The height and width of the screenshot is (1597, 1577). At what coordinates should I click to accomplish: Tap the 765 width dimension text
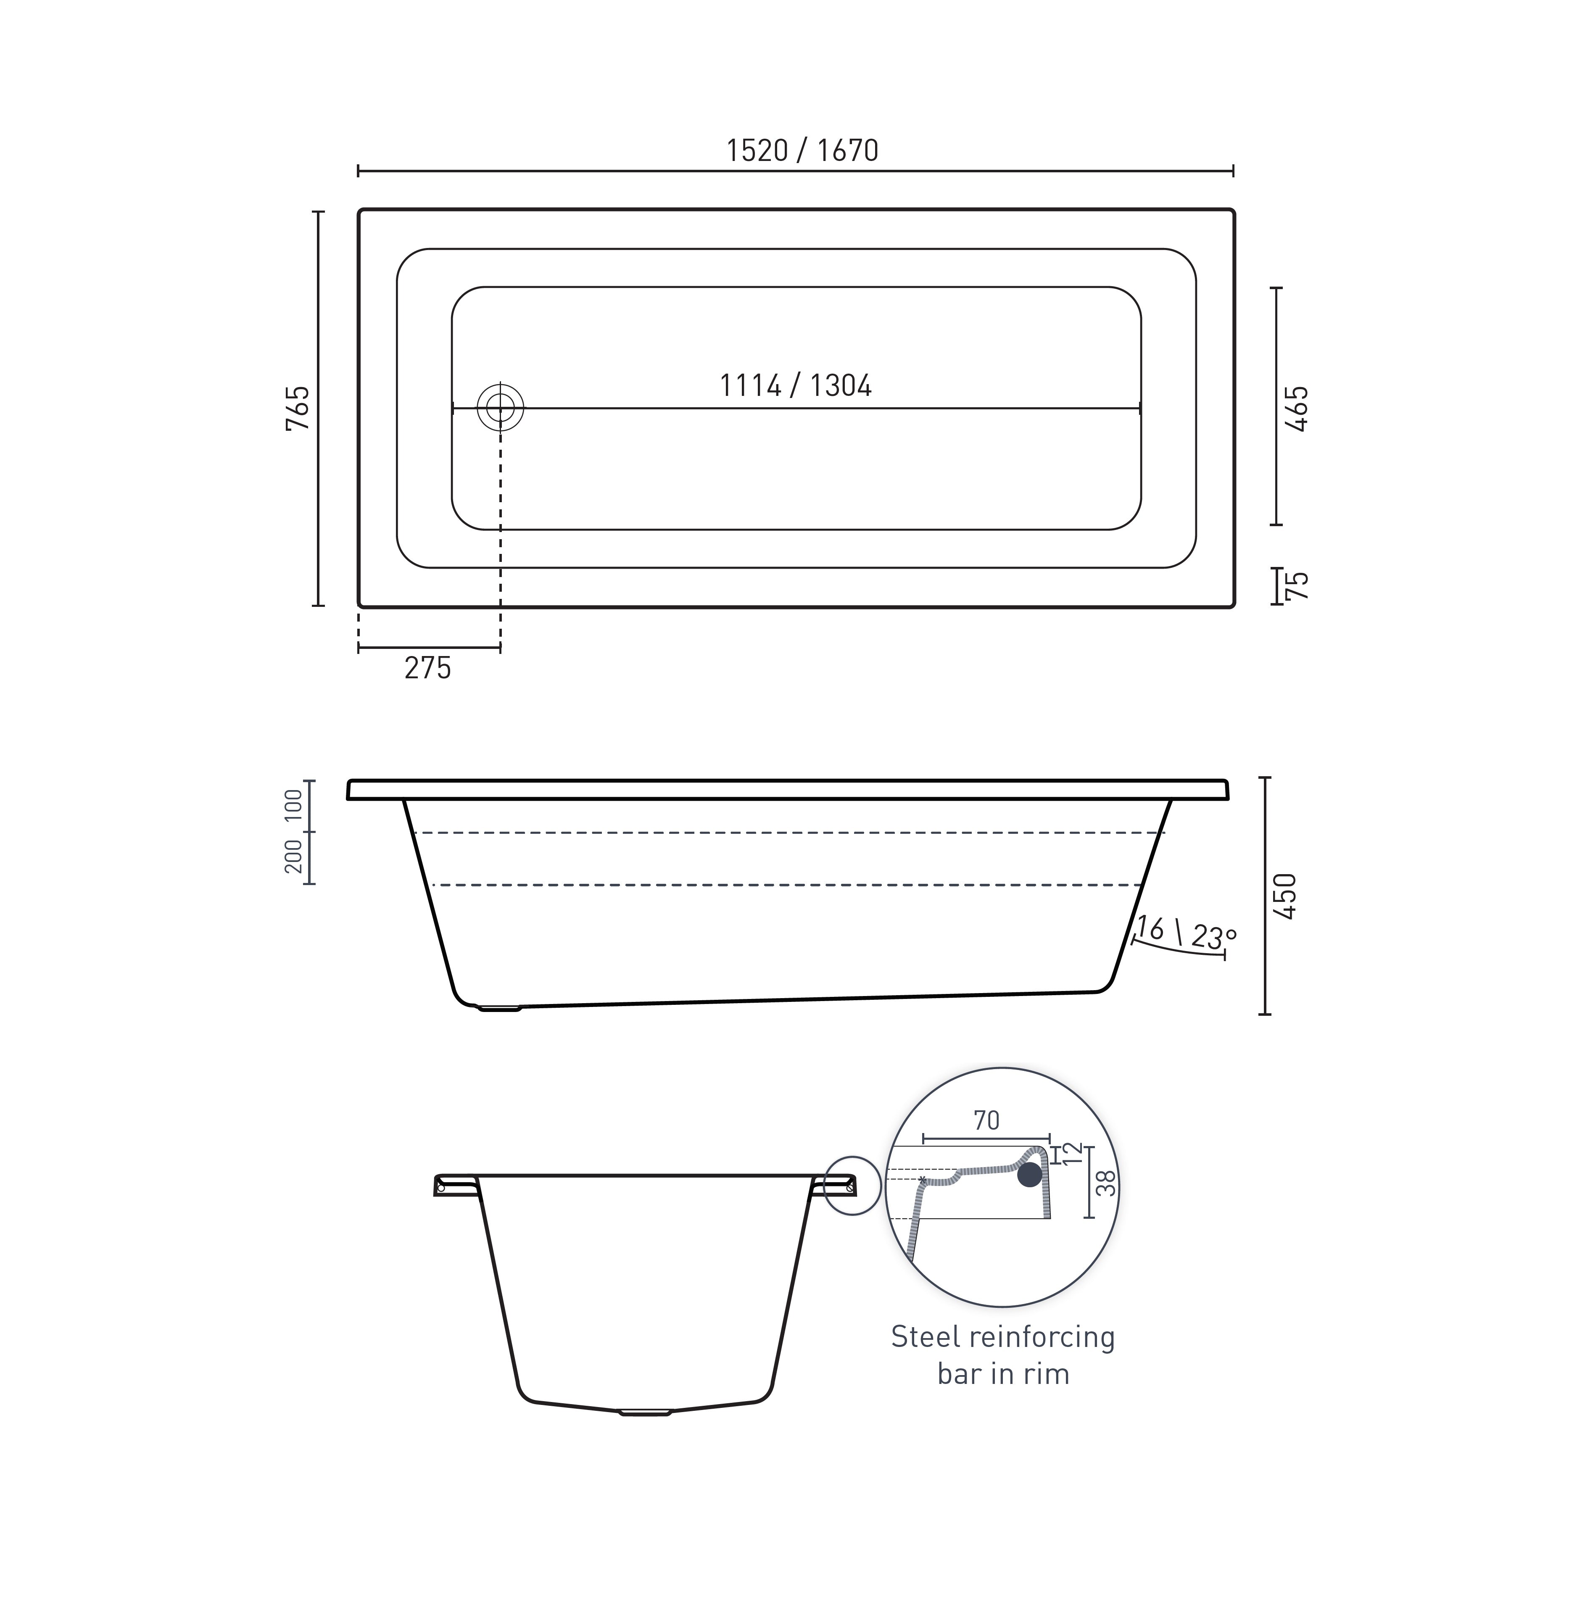[298, 408]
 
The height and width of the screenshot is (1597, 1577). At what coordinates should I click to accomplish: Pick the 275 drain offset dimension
[427, 668]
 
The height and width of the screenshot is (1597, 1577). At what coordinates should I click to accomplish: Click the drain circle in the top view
[500, 408]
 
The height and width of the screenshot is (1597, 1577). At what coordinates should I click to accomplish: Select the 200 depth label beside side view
[293, 857]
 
